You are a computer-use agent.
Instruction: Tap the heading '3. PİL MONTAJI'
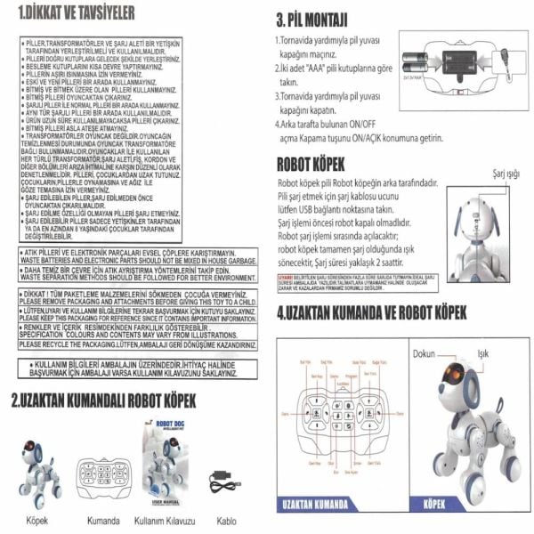coord(312,20)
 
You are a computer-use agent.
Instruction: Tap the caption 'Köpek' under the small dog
coord(36,519)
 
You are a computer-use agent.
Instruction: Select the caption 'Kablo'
coord(227,519)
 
